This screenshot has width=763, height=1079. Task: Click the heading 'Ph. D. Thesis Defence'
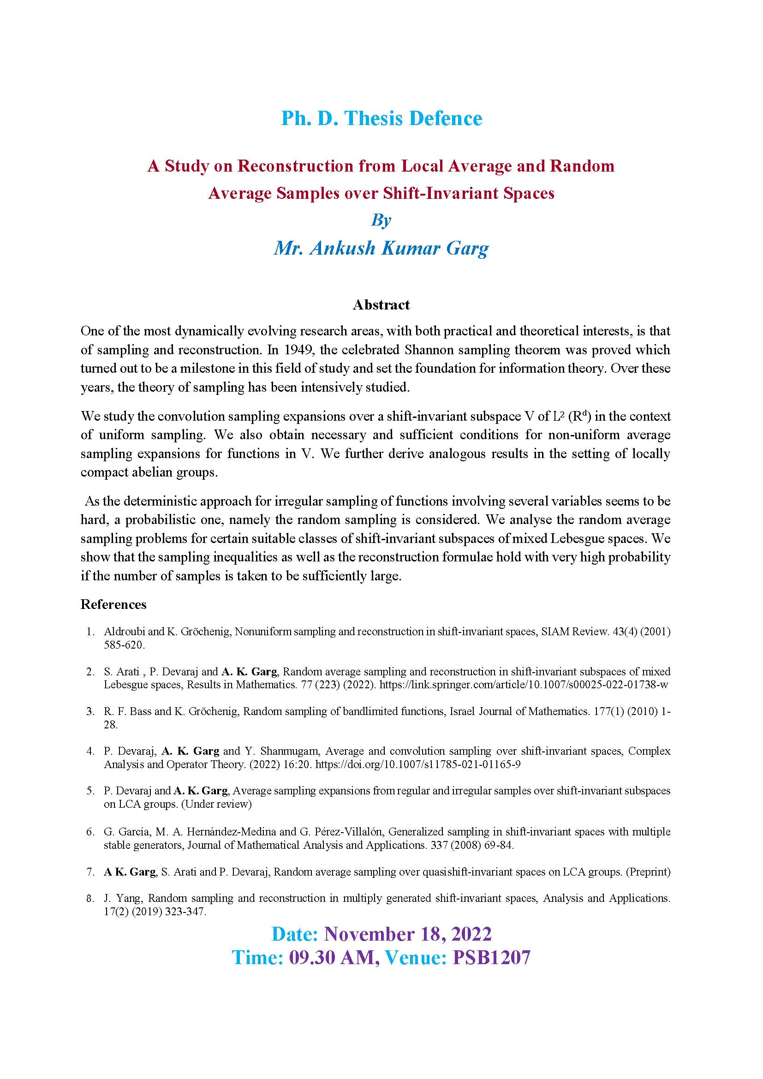381,119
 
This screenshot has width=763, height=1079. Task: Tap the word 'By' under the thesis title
381,220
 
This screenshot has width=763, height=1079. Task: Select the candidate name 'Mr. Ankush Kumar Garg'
381,248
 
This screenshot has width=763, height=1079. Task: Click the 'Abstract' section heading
381,305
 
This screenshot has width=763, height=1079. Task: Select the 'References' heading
113,604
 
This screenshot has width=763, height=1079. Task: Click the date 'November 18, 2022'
408,934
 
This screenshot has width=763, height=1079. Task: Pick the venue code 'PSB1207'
491,958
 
